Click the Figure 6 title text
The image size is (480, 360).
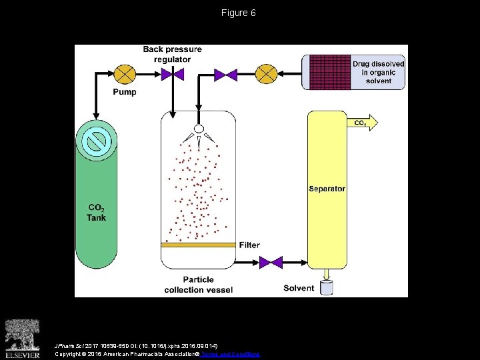click(x=239, y=13)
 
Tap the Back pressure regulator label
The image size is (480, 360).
click(x=172, y=54)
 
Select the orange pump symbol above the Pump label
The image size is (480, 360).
click(x=124, y=73)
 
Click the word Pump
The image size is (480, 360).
click(x=124, y=92)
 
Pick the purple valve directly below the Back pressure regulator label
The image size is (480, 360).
click(x=173, y=74)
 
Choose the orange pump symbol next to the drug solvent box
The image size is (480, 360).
click(x=267, y=73)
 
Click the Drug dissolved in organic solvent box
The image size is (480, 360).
click(x=354, y=72)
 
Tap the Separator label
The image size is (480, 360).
click(x=327, y=189)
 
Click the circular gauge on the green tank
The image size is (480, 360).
click(x=98, y=141)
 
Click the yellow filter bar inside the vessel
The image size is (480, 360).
click(x=199, y=245)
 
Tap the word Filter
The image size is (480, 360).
click(x=249, y=245)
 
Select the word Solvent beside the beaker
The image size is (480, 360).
click(x=299, y=288)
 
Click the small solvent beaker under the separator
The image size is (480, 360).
click(x=327, y=287)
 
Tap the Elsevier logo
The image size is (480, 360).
click(x=23, y=337)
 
